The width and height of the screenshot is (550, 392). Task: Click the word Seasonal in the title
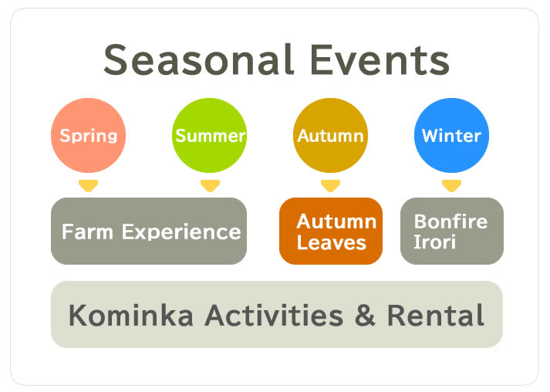198,59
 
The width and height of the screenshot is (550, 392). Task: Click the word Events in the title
380,59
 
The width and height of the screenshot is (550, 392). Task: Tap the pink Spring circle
89,135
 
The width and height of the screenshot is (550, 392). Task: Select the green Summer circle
209,135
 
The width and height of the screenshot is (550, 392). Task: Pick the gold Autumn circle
330,135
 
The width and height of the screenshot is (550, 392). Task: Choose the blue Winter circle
451,135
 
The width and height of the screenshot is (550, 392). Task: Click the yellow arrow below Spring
89,186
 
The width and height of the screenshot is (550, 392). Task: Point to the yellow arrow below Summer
210,186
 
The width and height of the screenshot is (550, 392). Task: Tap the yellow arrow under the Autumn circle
330,186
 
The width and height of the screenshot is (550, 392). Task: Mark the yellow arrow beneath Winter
451,186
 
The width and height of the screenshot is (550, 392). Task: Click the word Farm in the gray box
87,231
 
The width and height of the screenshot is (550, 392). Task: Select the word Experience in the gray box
181,232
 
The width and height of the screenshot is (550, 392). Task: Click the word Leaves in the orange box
332,242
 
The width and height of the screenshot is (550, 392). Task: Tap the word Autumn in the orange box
337,221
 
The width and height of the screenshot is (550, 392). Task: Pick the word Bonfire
450,221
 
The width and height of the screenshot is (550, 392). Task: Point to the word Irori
434,242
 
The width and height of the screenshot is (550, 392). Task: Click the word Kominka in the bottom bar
131,315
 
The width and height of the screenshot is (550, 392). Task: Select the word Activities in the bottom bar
274,315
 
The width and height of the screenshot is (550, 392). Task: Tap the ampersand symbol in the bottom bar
365,315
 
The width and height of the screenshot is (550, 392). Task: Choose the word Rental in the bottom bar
436,315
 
